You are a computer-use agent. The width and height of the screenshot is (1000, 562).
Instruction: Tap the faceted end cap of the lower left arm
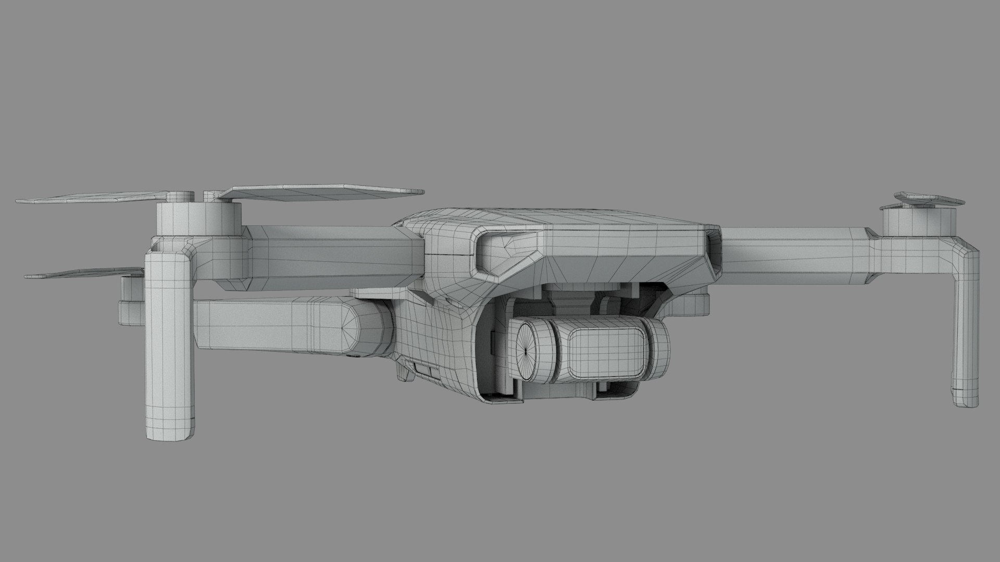[367, 330]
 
